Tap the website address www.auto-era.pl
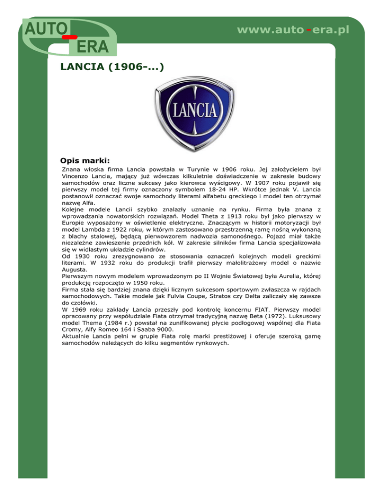coord(293,30)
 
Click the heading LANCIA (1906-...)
coord(112,66)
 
